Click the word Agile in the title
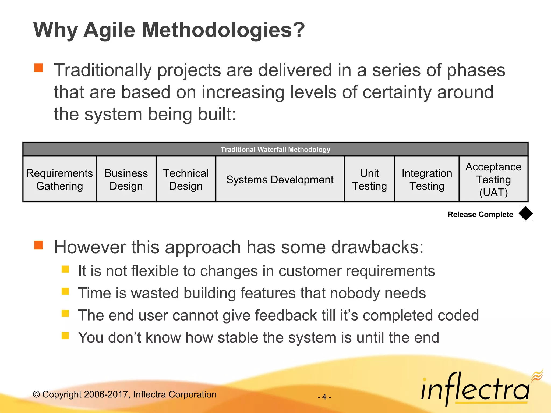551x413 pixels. (109, 30)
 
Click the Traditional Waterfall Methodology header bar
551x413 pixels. (275, 149)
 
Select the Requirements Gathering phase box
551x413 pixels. (59, 179)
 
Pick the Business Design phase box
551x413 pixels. (126, 179)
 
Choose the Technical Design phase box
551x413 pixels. (186, 179)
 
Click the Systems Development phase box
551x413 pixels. (280, 179)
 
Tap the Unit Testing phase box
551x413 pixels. (369, 179)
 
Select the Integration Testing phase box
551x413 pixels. (427, 179)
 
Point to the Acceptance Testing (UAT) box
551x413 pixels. (493, 179)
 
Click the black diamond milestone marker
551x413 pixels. (525, 214)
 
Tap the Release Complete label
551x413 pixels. (480, 215)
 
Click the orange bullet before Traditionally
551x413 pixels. (39, 68)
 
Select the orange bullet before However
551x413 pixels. (39, 245)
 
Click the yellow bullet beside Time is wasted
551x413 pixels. (65, 291)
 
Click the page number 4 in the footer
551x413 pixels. (324, 397)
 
